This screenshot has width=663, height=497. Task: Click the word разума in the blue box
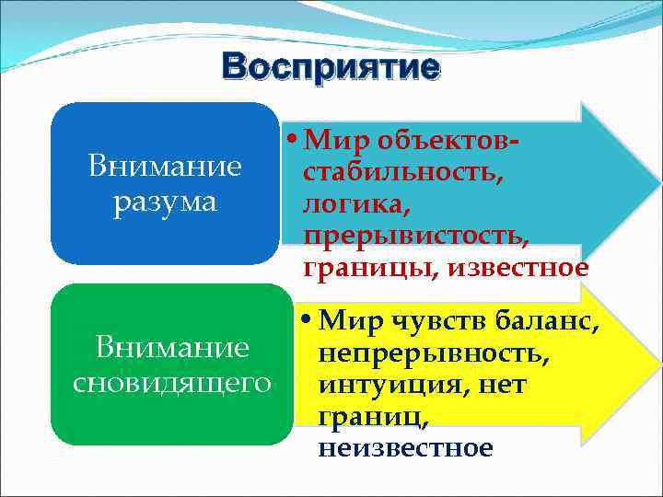(165, 201)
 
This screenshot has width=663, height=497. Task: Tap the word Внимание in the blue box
(165, 167)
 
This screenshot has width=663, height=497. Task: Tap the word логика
(344, 204)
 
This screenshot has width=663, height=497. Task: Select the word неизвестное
(405, 448)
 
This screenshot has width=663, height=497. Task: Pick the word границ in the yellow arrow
(370, 417)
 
